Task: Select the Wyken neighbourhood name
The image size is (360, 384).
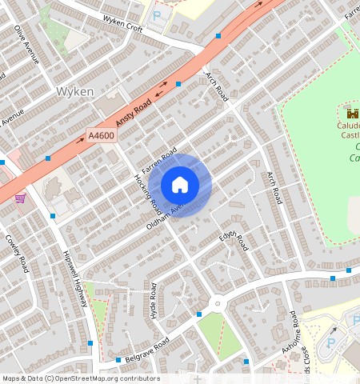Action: click(75, 92)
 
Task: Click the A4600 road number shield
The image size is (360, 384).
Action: click(102, 136)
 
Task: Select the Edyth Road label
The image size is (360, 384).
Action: click(234, 238)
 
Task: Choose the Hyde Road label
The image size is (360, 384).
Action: click(151, 306)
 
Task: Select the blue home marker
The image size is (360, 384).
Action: click(180, 185)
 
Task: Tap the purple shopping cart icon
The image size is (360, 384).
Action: click(20, 198)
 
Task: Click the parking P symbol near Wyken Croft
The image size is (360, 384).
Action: click(157, 15)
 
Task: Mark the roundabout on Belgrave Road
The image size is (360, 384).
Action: click(217, 303)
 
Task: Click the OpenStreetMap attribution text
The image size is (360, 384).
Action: click(81, 378)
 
